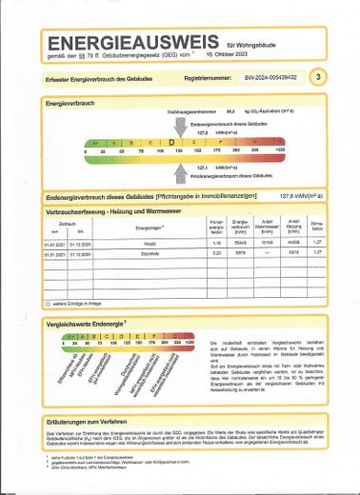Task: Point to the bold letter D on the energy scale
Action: (x=172, y=143)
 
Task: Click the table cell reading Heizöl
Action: (x=148, y=244)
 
